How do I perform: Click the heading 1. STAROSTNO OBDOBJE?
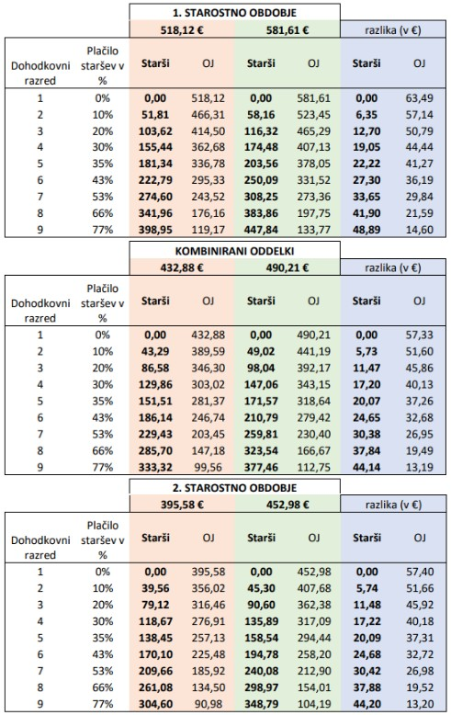coord(234,12)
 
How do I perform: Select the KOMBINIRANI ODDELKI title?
coord(234,250)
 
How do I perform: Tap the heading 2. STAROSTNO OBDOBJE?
coord(234,487)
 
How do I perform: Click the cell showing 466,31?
coord(209,115)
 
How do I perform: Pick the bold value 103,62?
coord(155,131)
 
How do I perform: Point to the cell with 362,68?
coord(209,147)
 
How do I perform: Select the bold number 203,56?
coord(261,164)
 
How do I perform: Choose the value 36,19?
coord(420,180)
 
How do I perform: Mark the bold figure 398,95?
coord(155,230)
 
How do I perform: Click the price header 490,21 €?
coord(288,267)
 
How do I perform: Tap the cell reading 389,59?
coord(209,352)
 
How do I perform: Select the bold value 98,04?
coord(261,368)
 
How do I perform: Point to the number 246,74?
coord(209,417)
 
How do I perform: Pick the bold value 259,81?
coord(261,434)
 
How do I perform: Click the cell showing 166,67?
coord(314,450)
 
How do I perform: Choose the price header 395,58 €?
coord(182,505)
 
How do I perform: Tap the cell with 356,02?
coord(209,588)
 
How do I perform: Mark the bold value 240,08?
coord(261,671)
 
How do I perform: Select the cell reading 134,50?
coord(209,687)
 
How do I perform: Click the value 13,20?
coord(420,704)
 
